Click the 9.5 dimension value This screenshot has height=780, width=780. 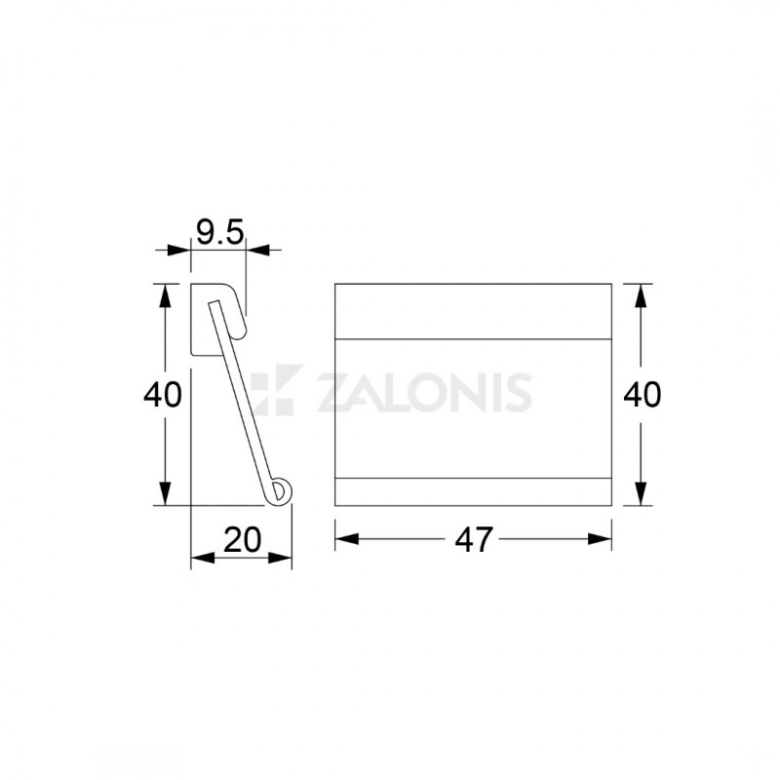[220, 232]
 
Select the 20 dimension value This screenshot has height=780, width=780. [242, 540]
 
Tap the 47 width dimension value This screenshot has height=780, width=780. [474, 540]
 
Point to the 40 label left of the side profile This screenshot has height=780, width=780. [163, 395]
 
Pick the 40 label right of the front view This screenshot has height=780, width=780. [643, 395]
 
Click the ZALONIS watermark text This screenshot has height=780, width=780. [424, 393]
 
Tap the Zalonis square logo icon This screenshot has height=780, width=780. [277, 390]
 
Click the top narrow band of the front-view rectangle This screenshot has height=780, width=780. [473, 311]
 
